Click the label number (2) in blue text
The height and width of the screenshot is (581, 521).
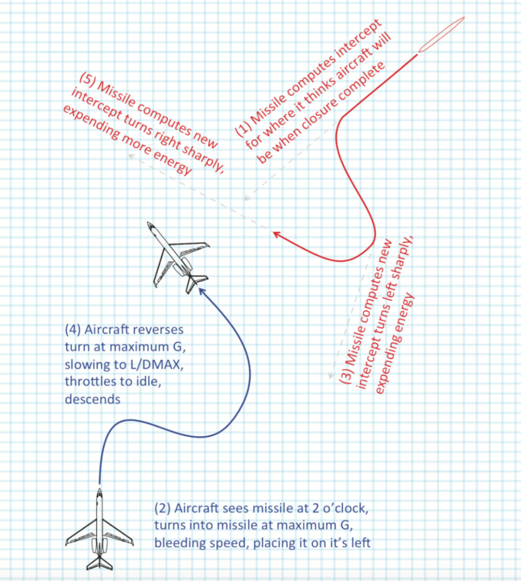pos(162,509)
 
